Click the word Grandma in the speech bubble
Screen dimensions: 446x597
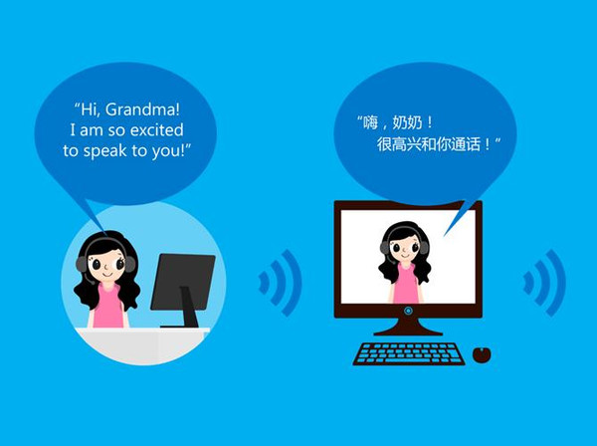[146, 108]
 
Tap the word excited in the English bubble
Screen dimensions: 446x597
[156, 129]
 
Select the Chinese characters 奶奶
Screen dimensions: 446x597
[410, 123]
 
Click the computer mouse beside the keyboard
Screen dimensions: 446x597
[482, 353]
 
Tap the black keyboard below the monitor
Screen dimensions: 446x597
[409, 353]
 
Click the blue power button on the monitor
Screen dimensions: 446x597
[408, 311]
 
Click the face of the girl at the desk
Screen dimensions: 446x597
[101, 266]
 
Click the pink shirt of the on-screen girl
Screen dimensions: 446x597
[405, 285]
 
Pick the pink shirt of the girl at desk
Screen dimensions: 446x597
[106, 306]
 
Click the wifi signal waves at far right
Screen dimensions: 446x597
[543, 283]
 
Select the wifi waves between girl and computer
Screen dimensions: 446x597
[280, 283]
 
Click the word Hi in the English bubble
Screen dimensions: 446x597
[90, 108]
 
